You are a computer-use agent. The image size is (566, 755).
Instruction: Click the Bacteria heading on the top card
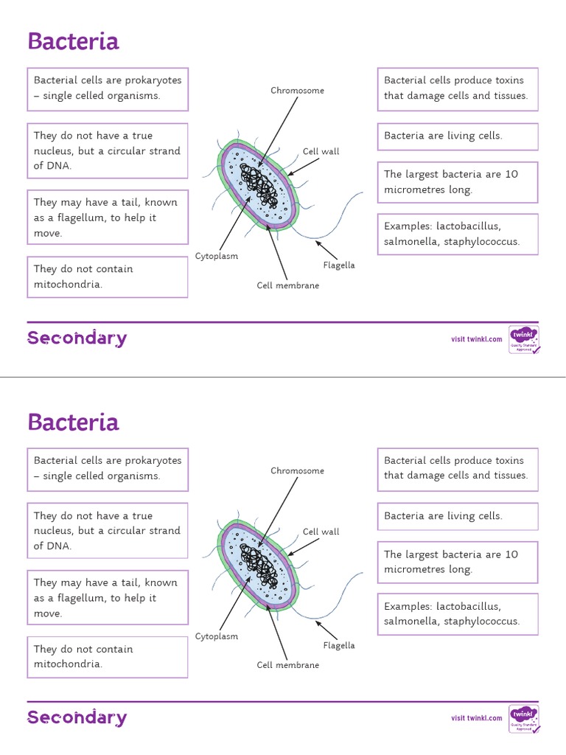click(x=73, y=41)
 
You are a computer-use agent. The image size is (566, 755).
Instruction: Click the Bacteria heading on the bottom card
click(x=73, y=422)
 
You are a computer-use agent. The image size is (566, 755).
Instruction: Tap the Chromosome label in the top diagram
click(x=297, y=91)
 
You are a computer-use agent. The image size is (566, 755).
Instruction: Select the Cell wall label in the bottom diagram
click(x=321, y=532)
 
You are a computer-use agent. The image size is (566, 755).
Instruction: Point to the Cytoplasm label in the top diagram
click(x=217, y=256)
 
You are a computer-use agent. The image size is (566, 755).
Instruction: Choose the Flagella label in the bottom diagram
click(x=339, y=645)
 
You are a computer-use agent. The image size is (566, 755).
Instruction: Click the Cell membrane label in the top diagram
click(x=288, y=285)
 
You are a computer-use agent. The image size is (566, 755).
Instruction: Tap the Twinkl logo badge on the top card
click(x=524, y=339)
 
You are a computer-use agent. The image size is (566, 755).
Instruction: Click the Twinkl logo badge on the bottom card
click(x=524, y=718)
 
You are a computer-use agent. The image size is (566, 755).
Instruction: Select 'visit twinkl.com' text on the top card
click(x=477, y=339)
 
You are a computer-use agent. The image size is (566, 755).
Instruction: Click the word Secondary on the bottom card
click(x=77, y=718)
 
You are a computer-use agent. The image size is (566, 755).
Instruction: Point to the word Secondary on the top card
click(x=77, y=338)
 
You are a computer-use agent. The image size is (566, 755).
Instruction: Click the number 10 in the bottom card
click(x=511, y=554)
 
